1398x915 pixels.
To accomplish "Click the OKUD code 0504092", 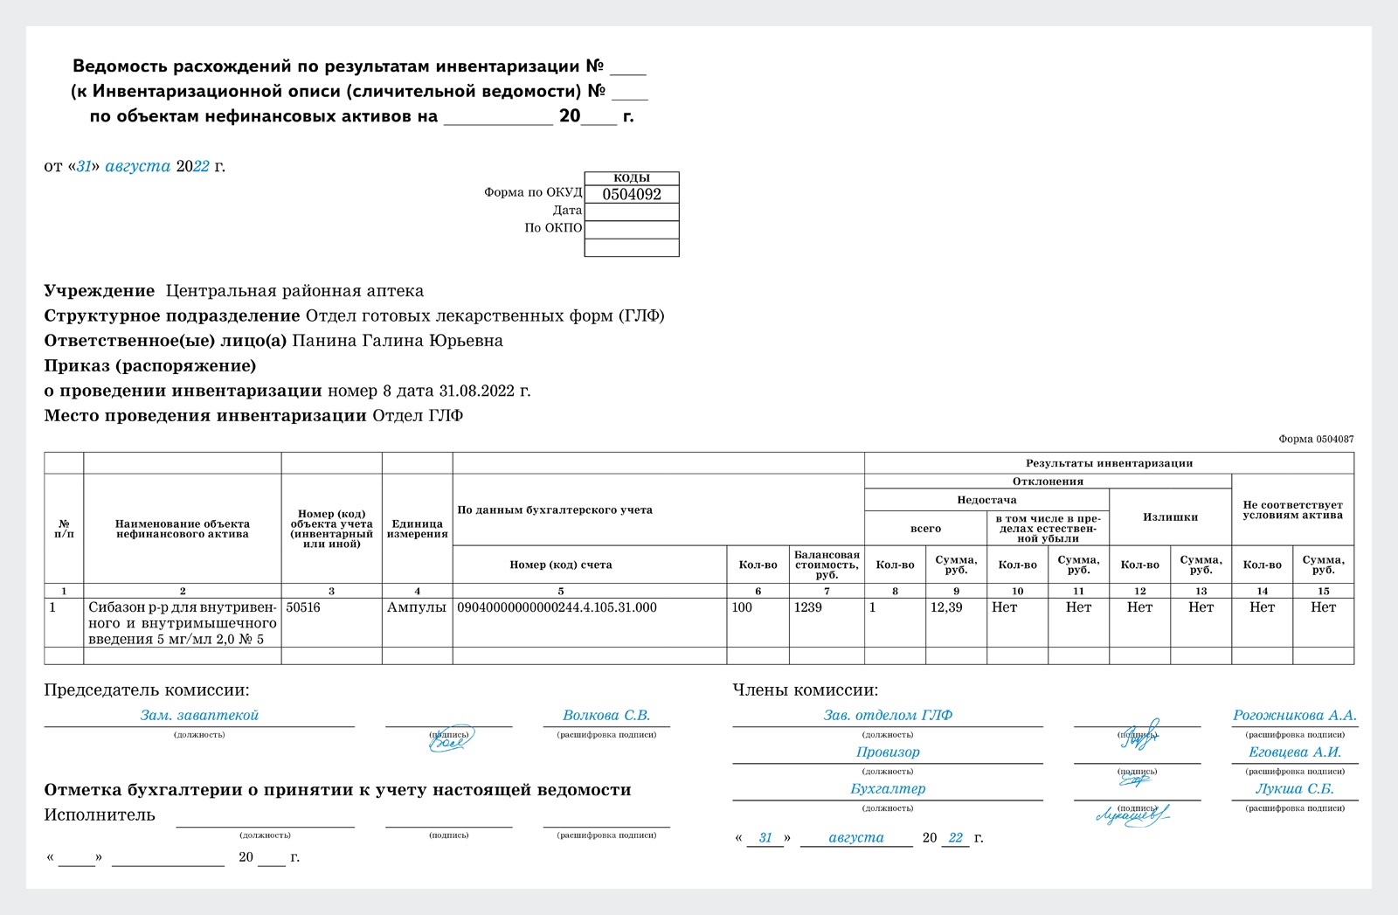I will [x=632, y=195].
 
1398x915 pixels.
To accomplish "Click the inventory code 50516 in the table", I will [x=303, y=607].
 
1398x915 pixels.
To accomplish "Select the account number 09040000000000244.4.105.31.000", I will [x=557, y=607].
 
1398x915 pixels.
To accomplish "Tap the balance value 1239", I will [x=807, y=607].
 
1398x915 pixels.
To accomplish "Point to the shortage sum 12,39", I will [x=946, y=607].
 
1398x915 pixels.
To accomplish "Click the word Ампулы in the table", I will [x=417, y=607].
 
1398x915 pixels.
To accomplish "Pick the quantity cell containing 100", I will [x=742, y=607].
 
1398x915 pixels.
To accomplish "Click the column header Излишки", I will [x=1170, y=517].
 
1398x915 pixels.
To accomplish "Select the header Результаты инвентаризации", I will [x=1109, y=463].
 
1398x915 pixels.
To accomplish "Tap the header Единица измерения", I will [x=417, y=529].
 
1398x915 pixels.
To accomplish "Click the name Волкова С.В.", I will [x=606, y=715].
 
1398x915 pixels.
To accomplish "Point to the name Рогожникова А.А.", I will [x=1295, y=715].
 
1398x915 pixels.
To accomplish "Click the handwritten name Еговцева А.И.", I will [x=1295, y=752].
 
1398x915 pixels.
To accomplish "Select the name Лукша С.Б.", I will [x=1295, y=788].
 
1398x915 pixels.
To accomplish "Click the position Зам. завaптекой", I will [x=199, y=715].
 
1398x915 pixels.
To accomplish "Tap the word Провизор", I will [x=888, y=752].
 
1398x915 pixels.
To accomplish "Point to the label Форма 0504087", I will [x=1316, y=439].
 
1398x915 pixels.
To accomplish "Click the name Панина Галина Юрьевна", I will [x=398, y=341].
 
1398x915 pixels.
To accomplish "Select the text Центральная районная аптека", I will [x=294, y=291].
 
